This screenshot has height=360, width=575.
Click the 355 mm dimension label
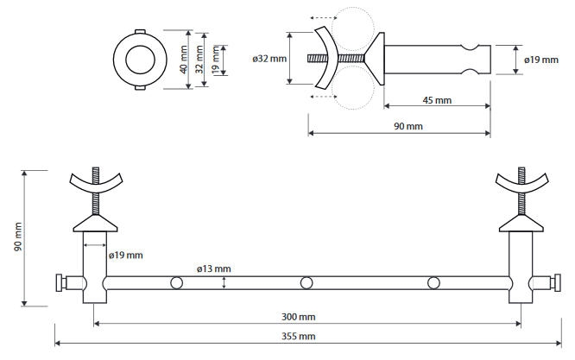pos(298,336)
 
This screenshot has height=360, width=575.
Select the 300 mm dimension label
pos(298,317)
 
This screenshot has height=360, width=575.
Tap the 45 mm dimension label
pos(437,100)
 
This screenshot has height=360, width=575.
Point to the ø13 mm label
pos(214,268)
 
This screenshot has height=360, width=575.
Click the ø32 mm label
pos(269,59)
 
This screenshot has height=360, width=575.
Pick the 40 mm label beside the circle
pos(184,60)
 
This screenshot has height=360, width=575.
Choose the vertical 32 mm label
pos(199,60)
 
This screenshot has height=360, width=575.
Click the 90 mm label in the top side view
pos(408,127)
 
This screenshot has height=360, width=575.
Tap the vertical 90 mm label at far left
pos(18,237)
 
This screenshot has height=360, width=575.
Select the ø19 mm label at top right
pos(541,60)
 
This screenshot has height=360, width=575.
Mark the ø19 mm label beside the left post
pos(126,256)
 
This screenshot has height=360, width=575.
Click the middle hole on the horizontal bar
pos(306,283)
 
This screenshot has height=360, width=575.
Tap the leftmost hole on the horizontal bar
pos(177,283)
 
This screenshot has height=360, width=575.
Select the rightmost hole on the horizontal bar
pos(433,283)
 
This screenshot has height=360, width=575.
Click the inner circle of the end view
pos(140,60)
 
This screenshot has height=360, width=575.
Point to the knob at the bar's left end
pos(60,283)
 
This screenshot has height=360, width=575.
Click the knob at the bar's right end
pos(556,283)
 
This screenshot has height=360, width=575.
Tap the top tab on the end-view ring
pos(140,32)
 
